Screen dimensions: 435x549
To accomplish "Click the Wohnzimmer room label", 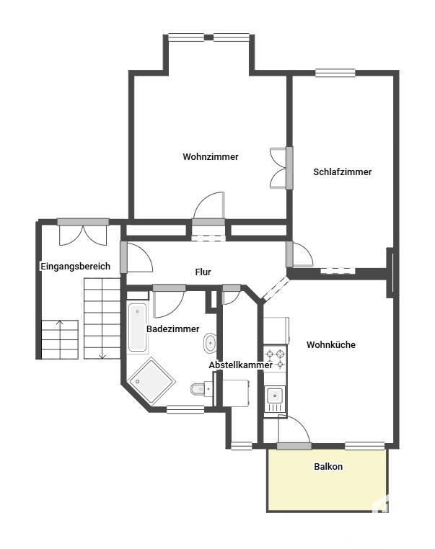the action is (211, 156).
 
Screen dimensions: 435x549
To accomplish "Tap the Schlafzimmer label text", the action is (342, 171).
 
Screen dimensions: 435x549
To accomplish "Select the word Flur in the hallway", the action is (203, 272).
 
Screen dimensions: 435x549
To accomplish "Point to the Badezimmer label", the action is (173, 329).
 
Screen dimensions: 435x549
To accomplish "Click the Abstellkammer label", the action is (240, 365).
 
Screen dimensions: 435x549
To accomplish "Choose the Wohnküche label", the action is (331, 344).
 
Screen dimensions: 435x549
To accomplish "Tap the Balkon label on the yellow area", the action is (328, 466).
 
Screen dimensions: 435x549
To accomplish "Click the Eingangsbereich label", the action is (75, 266).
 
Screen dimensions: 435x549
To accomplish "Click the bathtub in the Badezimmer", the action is (137, 327).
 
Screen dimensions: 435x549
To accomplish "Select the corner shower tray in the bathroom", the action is (151, 381).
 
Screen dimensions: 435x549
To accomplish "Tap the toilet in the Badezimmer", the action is (201, 388).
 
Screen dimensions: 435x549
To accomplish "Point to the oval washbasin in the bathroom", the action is (210, 343).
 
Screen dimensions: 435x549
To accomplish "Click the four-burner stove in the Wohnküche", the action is (275, 360).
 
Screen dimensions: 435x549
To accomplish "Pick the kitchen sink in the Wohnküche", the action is (274, 399).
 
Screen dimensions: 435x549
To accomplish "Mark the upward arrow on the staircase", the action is (60, 339).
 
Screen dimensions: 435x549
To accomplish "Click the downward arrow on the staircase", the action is (102, 318).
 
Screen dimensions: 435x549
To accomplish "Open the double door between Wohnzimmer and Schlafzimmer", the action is (281, 168).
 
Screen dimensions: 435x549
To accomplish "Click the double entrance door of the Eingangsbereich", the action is (83, 232).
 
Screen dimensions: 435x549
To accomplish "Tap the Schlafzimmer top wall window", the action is (335, 73).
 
